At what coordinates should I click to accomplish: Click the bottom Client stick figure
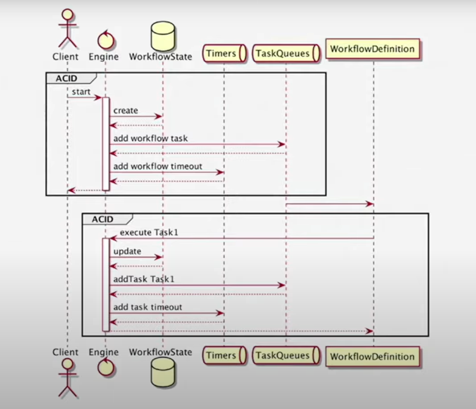tap(67, 378)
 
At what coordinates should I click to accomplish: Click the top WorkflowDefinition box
tap(373, 49)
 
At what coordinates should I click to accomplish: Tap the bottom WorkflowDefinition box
tap(373, 356)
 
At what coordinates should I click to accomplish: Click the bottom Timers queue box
tap(224, 356)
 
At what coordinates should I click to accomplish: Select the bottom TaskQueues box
tap(286, 356)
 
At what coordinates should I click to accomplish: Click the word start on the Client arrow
tap(81, 92)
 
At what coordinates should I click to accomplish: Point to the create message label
tap(126, 110)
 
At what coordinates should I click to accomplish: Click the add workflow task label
tap(151, 138)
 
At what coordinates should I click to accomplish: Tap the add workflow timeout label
tap(158, 166)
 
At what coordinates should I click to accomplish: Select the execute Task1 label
tap(146, 232)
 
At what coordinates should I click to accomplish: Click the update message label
tap(127, 251)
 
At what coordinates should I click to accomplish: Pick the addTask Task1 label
tap(144, 279)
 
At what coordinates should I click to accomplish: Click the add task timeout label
tap(148, 307)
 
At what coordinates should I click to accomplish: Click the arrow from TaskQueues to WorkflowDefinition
tap(330, 204)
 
